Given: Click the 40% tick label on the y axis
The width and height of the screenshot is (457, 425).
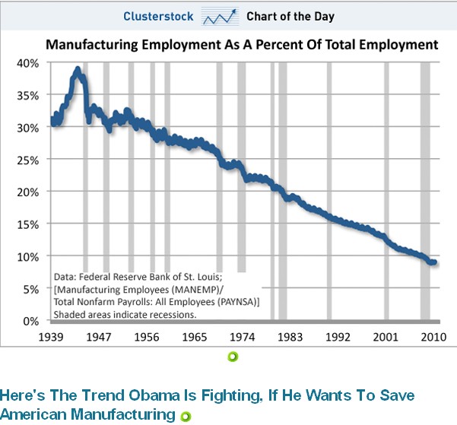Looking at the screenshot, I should (x=29, y=63).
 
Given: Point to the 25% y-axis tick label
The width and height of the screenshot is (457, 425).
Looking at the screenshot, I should (x=29, y=160).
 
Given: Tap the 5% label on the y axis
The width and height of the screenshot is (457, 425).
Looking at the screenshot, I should (x=31, y=289).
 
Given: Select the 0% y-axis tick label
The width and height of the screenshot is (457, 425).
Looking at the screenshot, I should (x=31, y=321).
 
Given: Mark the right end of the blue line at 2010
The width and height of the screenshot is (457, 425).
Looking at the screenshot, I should (x=434, y=262).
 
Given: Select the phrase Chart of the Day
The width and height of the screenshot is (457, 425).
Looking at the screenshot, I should (x=290, y=16).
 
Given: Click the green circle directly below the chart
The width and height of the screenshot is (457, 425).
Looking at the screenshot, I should (x=233, y=357).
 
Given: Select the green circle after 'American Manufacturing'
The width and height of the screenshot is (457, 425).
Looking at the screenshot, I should (x=183, y=415).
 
